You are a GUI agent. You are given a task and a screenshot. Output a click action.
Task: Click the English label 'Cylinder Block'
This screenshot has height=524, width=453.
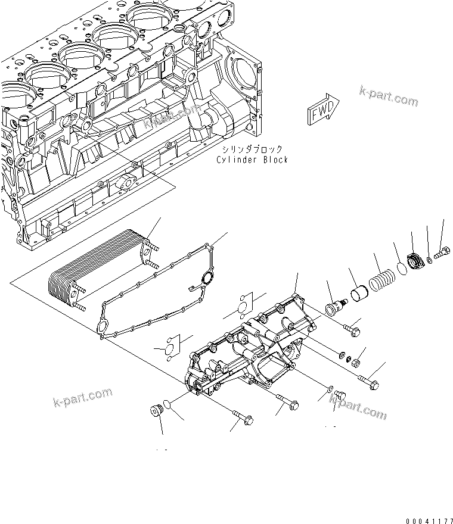(253, 160)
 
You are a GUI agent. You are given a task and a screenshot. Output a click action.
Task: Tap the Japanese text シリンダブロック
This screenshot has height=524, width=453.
(252, 149)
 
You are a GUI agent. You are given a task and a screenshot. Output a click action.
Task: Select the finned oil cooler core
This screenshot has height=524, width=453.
(101, 268)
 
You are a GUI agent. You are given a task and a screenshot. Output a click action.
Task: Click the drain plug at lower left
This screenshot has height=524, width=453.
(156, 412)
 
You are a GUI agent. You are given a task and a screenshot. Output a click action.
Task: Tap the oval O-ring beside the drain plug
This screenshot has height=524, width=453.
(170, 406)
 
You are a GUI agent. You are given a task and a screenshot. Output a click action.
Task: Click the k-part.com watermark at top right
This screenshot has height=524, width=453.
(389, 96)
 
